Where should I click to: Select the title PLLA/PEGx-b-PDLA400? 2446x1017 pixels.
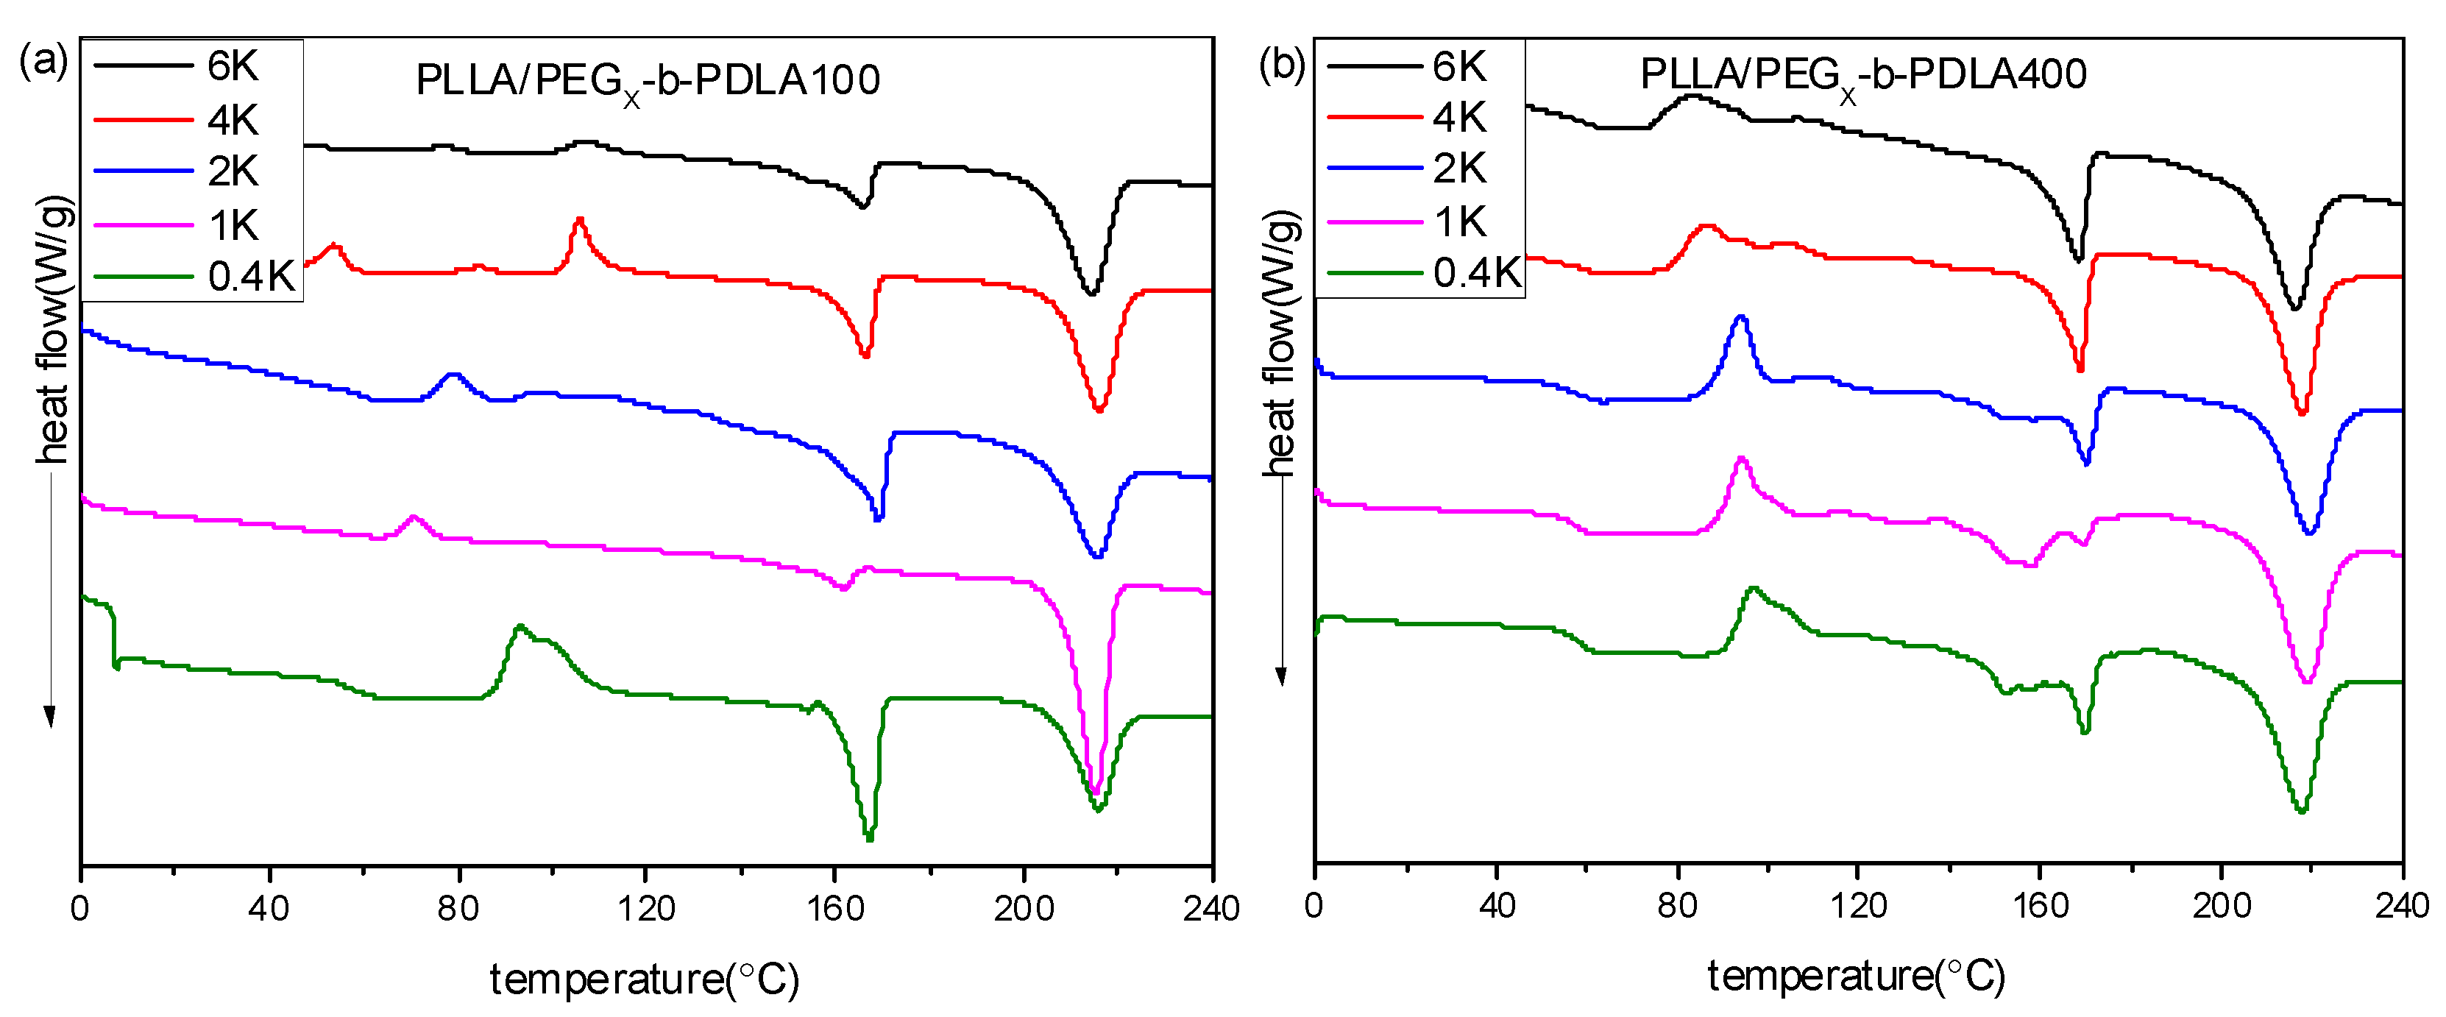[1863, 76]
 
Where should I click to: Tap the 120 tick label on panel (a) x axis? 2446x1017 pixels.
[645, 909]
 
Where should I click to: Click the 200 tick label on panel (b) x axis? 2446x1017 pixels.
[2221, 905]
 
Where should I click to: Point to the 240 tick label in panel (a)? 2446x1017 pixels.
[1210, 909]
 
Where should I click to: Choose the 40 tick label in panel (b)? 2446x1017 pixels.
[1497, 905]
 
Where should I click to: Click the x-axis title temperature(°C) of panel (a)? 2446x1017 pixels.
[645, 979]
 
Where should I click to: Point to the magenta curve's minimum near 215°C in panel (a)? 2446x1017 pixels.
[1095, 791]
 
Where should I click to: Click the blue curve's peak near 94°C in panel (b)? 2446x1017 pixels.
[1740, 317]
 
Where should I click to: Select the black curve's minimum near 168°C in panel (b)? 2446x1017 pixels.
[2077, 259]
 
